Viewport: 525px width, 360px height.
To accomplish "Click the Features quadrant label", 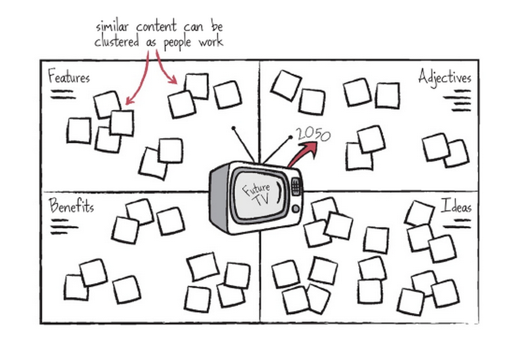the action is (x=69, y=76).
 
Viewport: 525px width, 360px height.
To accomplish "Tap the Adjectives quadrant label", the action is (x=445, y=77).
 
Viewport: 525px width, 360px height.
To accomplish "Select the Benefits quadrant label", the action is (x=71, y=206).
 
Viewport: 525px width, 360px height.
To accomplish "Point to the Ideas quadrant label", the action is (x=456, y=206).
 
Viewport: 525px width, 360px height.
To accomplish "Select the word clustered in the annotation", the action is (x=117, y=42).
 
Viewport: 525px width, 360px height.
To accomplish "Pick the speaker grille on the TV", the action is (x=296, y=187).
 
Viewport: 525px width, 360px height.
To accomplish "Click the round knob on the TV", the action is (x=296, y=209).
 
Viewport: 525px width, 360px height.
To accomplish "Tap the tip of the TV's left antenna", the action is (x=233, y=127).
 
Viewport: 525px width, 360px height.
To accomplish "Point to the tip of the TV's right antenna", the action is (x=291, y=137).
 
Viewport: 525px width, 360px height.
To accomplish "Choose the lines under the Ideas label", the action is (x=457, y=224).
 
